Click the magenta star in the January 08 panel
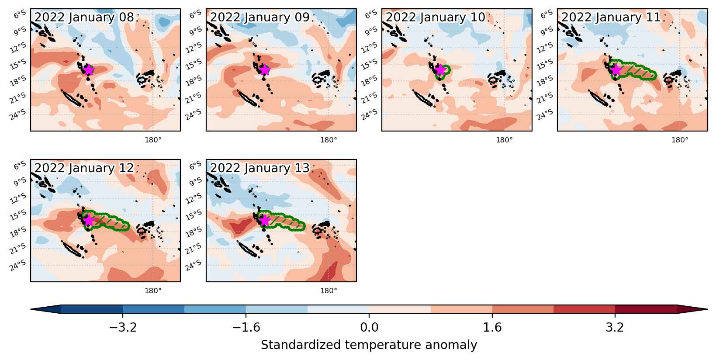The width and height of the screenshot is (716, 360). coord(89,70)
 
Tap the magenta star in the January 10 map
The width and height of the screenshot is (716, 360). coord(440,70)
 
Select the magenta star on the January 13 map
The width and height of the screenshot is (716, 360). coord(264,220)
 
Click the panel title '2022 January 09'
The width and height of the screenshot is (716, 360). coord(259,17)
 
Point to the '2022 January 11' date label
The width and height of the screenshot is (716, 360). coord(611,17)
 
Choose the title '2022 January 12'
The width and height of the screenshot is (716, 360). coord(84,168)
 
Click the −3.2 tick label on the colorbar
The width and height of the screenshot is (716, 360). coord(123,327)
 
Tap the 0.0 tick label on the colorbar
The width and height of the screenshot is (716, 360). coord(369,327)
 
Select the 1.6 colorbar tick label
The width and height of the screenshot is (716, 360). coord(492,327)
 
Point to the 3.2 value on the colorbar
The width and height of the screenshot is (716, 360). coord(615,327)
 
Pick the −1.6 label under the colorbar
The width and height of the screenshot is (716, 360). coord(246,327)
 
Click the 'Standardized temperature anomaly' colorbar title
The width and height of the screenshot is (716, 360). coord(369,345)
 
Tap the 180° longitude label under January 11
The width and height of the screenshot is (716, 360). coord(680,140)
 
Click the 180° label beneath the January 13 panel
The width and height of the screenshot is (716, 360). coord(329,291)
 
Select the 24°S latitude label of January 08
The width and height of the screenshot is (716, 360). coord(18,114)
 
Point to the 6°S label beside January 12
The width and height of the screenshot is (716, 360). coord(20,165)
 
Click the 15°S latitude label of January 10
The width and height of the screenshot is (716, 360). coord(369,64)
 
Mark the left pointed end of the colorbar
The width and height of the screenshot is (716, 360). coord(31,309)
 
